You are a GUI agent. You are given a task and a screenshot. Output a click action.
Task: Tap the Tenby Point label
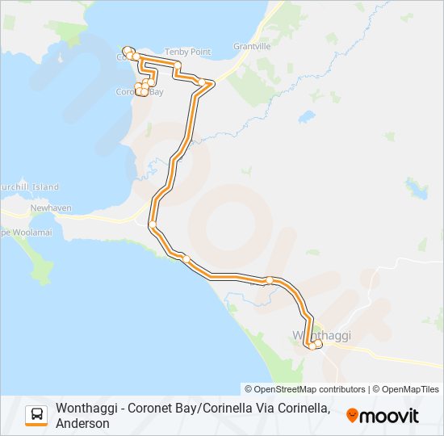[x=187, y=52]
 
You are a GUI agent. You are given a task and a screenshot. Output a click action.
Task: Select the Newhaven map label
[x=51, y=208]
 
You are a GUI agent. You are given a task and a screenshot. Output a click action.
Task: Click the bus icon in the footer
[x=37, y=415]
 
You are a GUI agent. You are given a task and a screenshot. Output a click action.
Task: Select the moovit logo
[x=383, y=416]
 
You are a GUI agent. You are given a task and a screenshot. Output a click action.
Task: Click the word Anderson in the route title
[x=82, y=423]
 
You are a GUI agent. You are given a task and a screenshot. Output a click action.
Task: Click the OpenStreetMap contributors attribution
[x=304, y=389]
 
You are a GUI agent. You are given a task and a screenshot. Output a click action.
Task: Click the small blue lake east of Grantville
[x=307, y=117]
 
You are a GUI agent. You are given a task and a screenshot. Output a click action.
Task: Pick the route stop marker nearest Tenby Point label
[x=177, y=65]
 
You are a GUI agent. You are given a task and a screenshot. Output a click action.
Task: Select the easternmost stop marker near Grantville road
[x=212, y=83]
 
